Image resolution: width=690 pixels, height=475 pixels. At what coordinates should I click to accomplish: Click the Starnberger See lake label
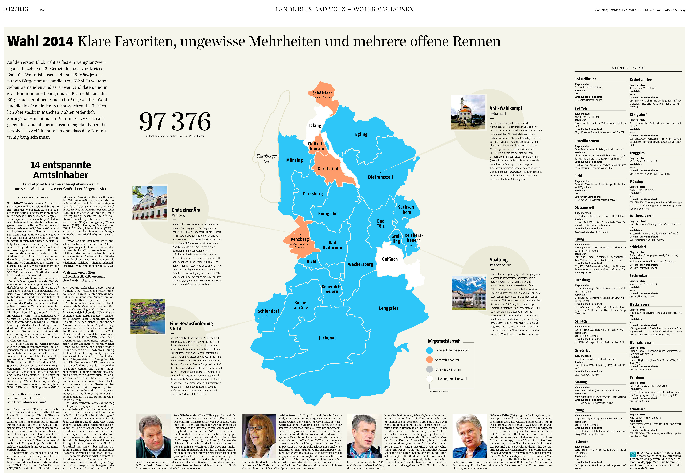coord(267,159)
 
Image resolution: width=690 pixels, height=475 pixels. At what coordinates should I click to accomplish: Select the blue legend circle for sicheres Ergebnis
coord(429,350)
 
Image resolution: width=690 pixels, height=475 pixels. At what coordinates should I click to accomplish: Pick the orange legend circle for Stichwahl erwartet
coord(429,360)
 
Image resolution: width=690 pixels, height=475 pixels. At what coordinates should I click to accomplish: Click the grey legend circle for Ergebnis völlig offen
coord(429,369)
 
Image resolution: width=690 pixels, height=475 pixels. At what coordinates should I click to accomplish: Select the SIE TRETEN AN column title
coord(628,68)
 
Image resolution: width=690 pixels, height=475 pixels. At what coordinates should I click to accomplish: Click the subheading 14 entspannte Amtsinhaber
coord(61,170)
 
